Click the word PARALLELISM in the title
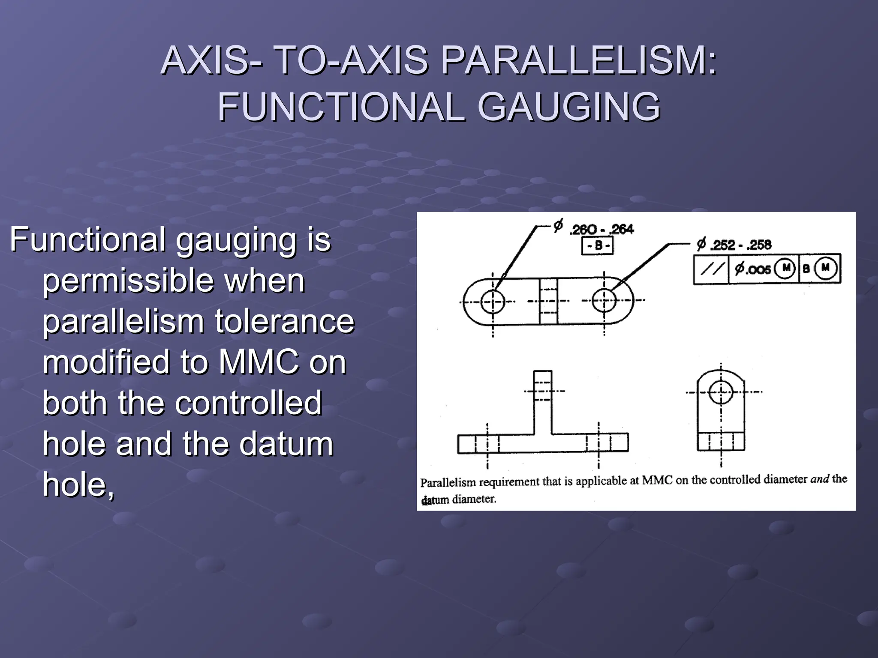pyautogui.click(x=579, y=60)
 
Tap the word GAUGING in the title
pyautogui.click(x=568, y=107)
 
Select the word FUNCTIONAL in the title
pyautogui.click(x=341, y=107)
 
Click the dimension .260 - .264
pyautogui.click(x=601, y=230)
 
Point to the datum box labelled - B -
pyautogui.click(x=597, y=246)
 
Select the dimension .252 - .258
pyautogui.click(x=740, y=245)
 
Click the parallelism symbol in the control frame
pyautogui.click(x=711, y=269)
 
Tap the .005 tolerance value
pyautogui.click(x=753, y=269)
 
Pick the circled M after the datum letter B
pyautogui.click(x=825, y=268)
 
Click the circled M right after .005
pyautogui.click(x=786, y=268)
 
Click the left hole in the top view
pyautogui.click(x=493, y=301)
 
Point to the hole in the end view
pyautogui.click(x=721, y=392)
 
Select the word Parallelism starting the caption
pyautogui.click(x=448, y=483)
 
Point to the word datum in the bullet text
pyautogui.click(x=286, y=444)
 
